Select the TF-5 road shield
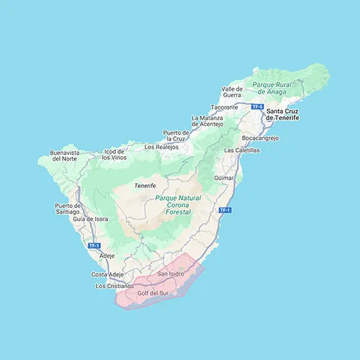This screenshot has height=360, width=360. tap(256, 106)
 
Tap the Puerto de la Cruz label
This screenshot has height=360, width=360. tap(176, 136)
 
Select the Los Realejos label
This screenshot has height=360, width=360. tap(161, 147)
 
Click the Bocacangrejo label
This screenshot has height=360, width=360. tap(260, 137)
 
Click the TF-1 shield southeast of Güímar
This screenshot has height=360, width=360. tap(224, 210)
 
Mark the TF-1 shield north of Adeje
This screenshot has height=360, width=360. tap(93, 246)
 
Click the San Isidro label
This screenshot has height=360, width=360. tap(171, 274)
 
